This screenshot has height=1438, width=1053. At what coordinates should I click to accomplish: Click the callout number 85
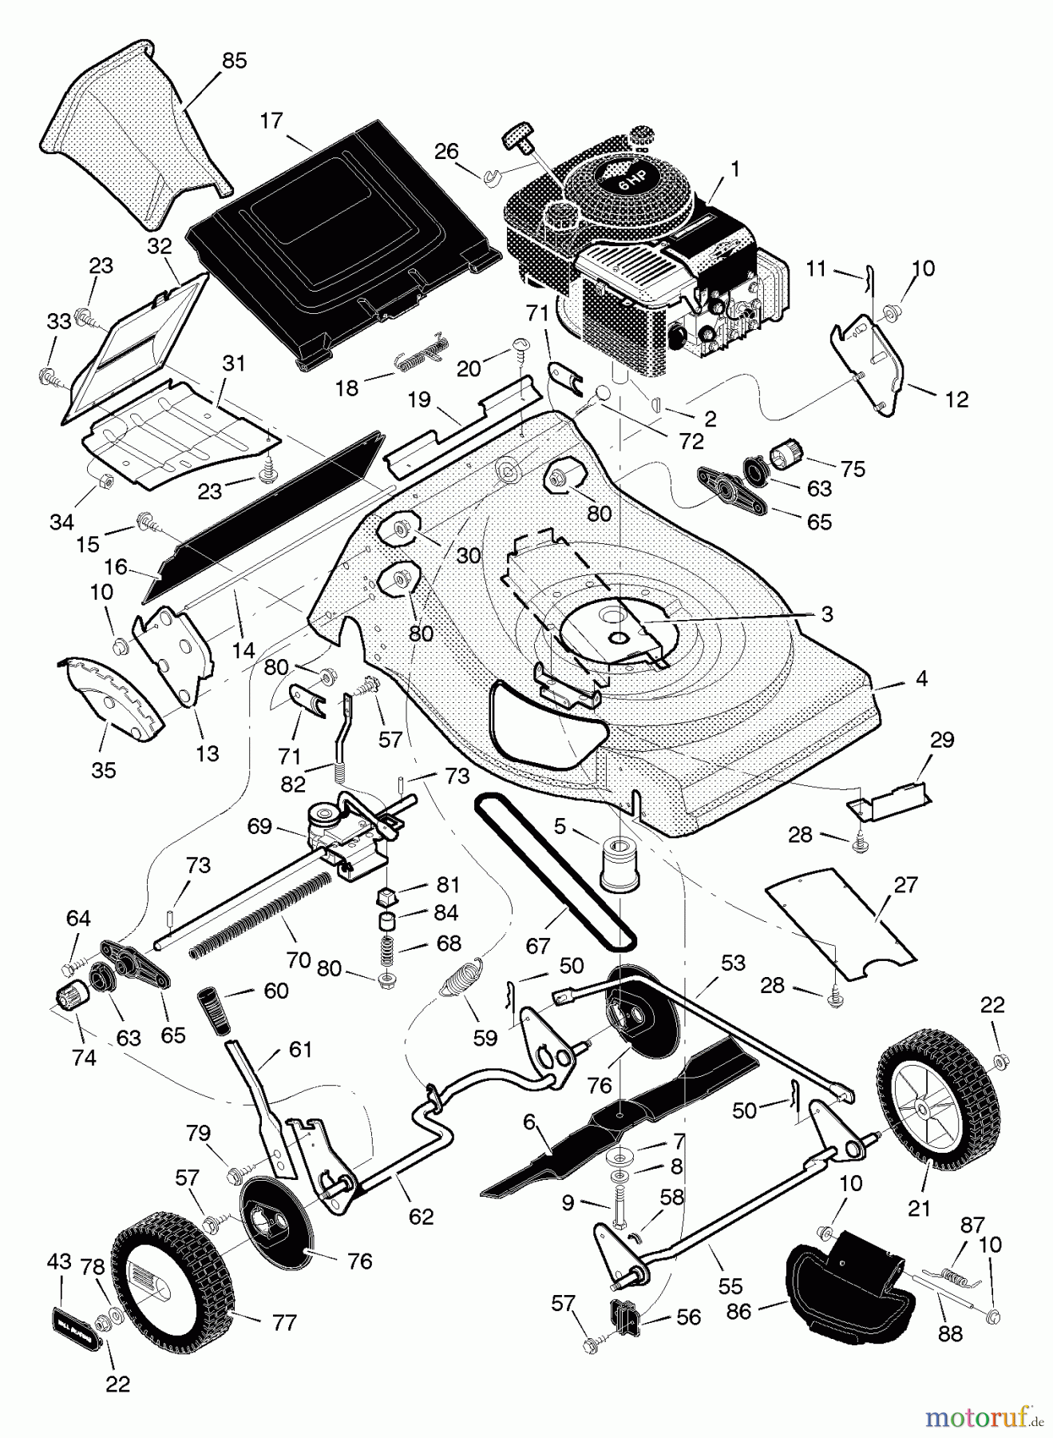point(235,61)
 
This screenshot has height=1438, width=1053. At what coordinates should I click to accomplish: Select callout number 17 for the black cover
point(271,121)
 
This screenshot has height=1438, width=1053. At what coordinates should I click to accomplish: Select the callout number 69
point(259,825)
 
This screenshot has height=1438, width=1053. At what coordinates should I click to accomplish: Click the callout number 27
point(906,885)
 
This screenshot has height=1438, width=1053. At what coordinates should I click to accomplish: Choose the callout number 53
point(732,963)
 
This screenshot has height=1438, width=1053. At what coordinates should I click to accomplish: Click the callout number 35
point(104,770)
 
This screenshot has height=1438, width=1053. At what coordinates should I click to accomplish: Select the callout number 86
point(738,1311)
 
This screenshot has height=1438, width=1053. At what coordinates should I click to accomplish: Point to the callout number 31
point(233,363)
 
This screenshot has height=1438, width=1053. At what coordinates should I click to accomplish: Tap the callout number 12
point(956,399)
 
